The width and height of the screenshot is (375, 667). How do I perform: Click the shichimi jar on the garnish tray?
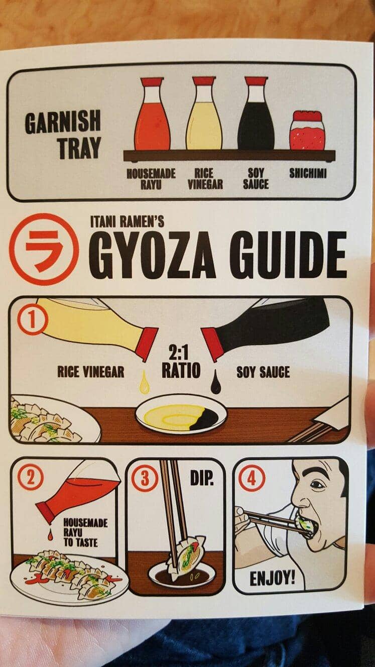point(307,131)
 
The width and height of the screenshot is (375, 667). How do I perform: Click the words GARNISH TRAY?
point(63,134)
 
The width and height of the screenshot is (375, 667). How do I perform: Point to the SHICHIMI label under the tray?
point(308,173)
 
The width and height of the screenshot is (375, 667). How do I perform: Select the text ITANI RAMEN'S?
point(127,221)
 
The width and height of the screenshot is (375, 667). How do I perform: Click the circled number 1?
point(33,322)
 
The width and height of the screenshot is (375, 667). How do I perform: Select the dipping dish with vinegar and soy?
point(181,414)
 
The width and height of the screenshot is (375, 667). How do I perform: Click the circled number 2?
point(32,479)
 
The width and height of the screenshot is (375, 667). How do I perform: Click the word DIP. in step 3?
point(202,478)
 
